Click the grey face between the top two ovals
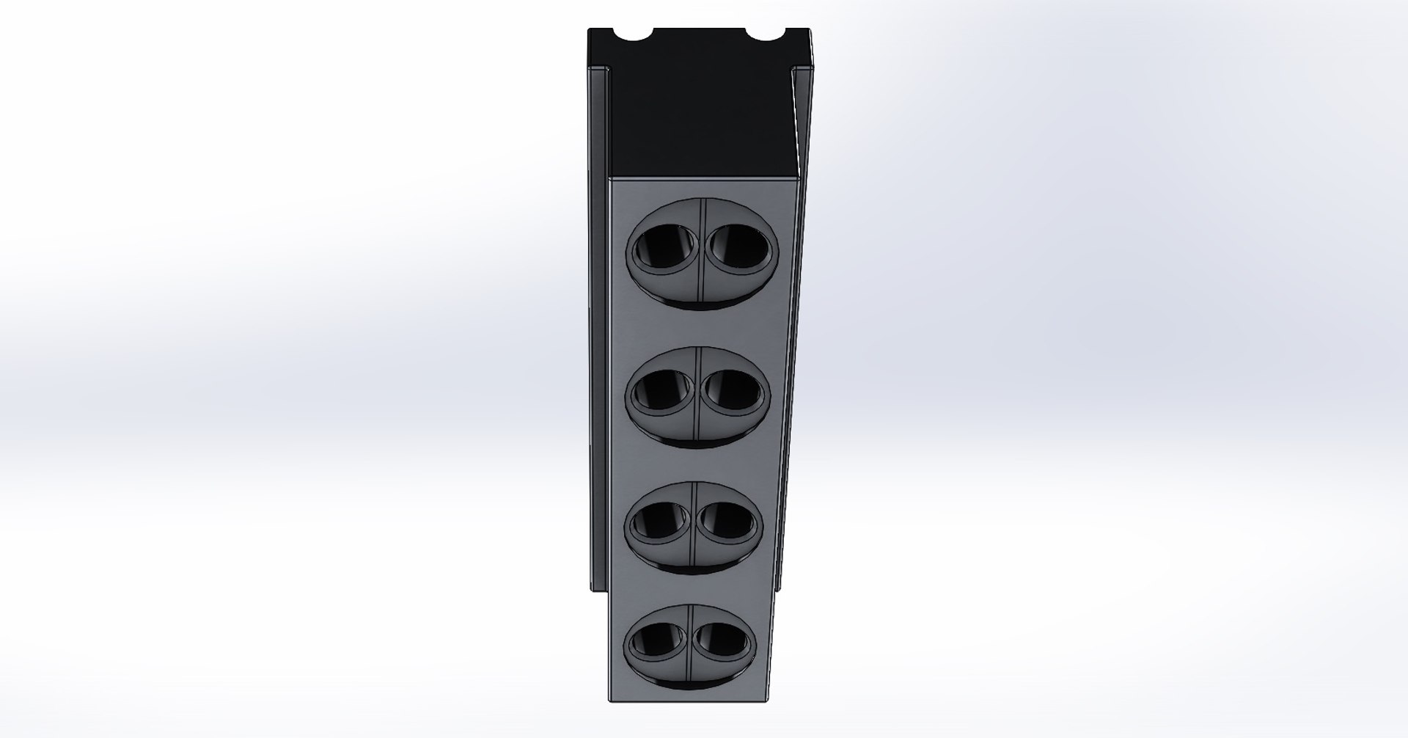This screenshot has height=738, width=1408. pos(700,324)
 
